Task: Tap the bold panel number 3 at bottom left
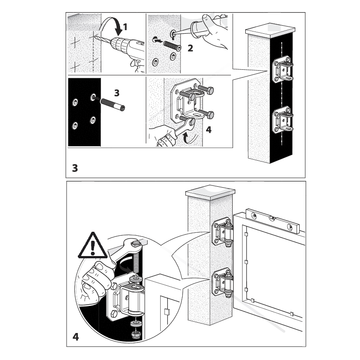(x=75, y=168)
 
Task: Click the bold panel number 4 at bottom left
(x=76, y=337)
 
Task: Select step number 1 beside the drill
(x=125, y=27)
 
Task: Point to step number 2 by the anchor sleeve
(x=190, y=48)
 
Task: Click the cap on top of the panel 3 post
(x=270, y=30)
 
